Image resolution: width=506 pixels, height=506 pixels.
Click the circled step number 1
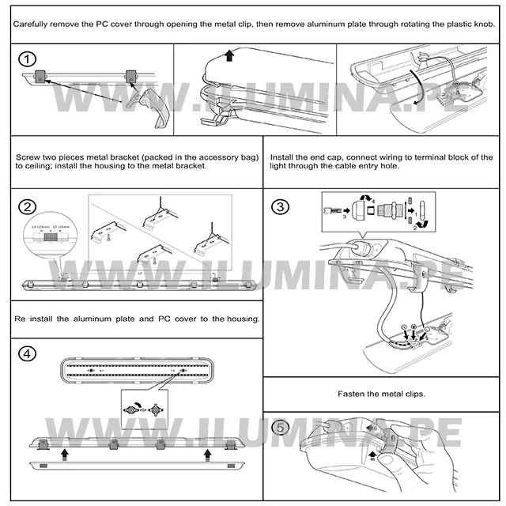[x=28, y=60]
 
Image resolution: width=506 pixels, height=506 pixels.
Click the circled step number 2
[x=28, y=207]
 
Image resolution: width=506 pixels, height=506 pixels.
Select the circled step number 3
[x=281, y=207]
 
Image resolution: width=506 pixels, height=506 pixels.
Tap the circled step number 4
[x=28, y=353]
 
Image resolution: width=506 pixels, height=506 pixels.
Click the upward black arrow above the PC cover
[x=229, y=55]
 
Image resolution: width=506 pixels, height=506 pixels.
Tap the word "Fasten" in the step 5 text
[x=350, y=394]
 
